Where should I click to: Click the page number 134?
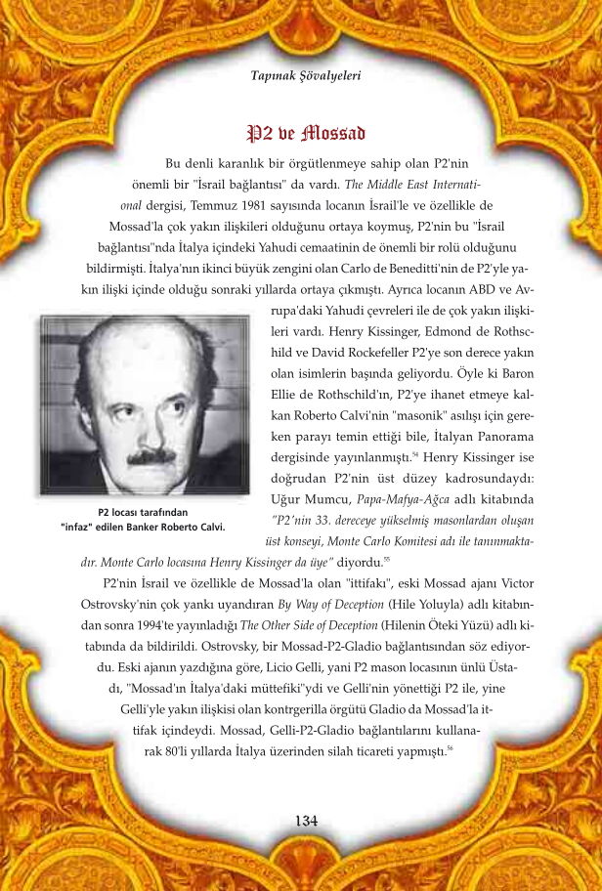pyautogui.click(x=306, y=820)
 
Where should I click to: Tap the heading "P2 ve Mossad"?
pyautogui.click(x=306, y=133)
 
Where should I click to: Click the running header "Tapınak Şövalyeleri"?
pyautogui.click(x=306, y=74)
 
